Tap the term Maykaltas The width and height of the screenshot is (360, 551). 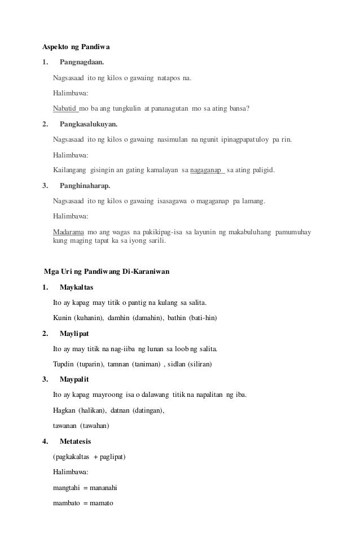(x=76, y=287)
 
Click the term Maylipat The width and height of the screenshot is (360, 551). (x=74, y=333)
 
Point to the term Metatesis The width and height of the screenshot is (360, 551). (x=76, y=441)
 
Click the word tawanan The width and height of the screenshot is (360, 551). (x=65, y=425)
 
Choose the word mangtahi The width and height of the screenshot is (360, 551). (x=67, y=487)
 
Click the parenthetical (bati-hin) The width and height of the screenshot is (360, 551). (x=203, y=318)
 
